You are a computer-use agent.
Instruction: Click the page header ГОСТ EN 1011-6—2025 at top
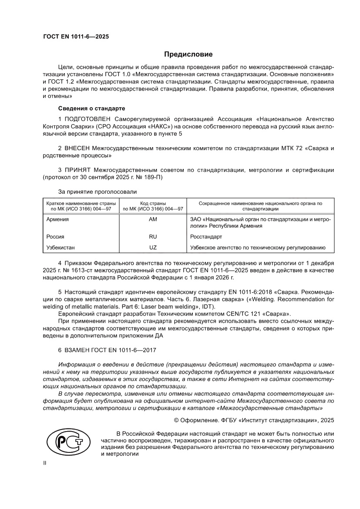coord(76,37)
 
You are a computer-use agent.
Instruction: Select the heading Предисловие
coord(188,54)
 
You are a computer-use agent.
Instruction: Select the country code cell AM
coord(152,219)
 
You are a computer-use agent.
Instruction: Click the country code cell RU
coord(152,236)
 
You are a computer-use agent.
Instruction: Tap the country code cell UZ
coord(152,247)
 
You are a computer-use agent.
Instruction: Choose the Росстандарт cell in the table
coord(206,236)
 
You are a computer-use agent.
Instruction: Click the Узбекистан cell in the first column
coord(61,247)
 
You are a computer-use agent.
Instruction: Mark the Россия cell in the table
coord(55,236)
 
